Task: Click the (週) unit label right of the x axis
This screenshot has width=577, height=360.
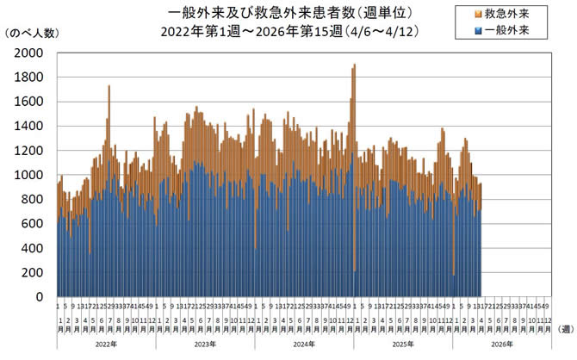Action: click(566, 327)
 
